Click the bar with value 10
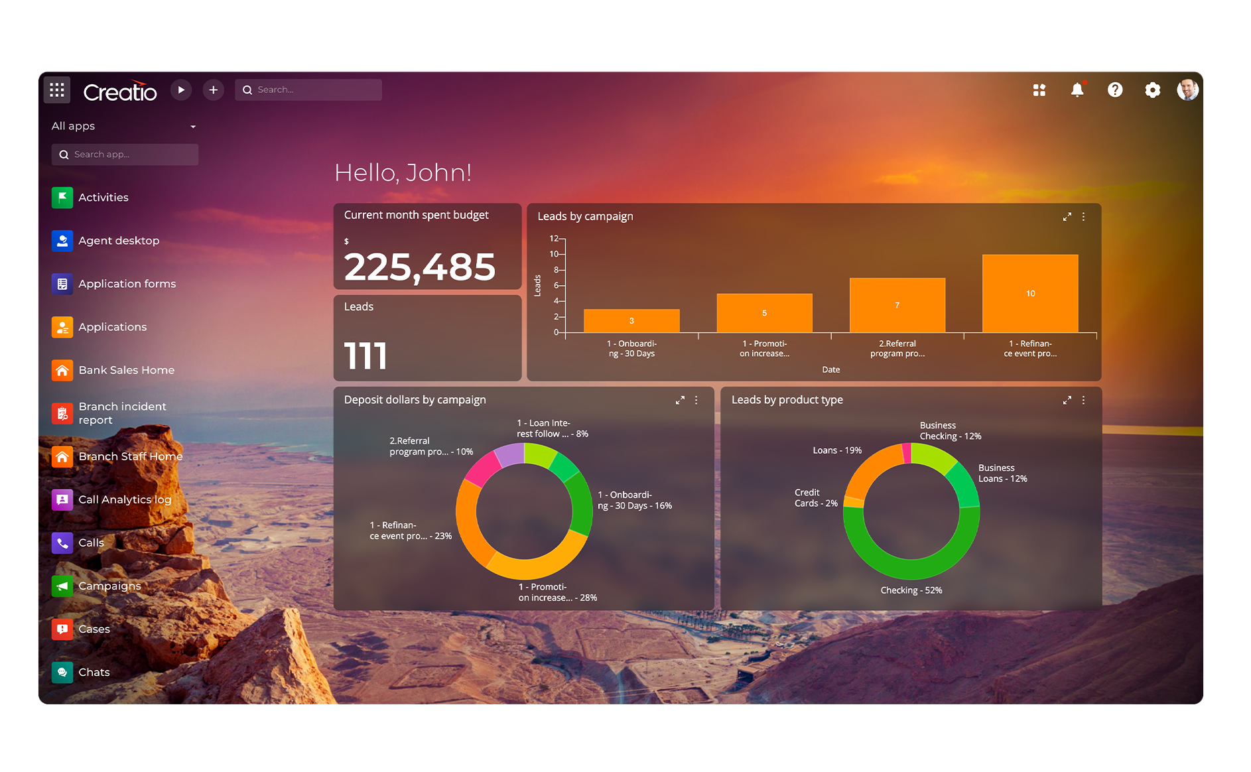(1029, 293)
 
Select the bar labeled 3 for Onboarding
(631, 320)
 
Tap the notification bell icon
(1077, 90)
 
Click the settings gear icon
(1152, 90)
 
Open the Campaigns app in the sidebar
(109, 586)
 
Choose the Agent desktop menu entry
(118, 240)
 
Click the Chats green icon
(62, 672)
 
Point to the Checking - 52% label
(911, 590)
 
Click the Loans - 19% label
(836, 450)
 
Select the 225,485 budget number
(419, 267)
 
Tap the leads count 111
(365, 355)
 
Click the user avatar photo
(1187, 90)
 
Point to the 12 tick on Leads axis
(554, 238)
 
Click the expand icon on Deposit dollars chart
(679, 400)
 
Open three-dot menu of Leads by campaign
(1083, 217)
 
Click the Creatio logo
(120, 91)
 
